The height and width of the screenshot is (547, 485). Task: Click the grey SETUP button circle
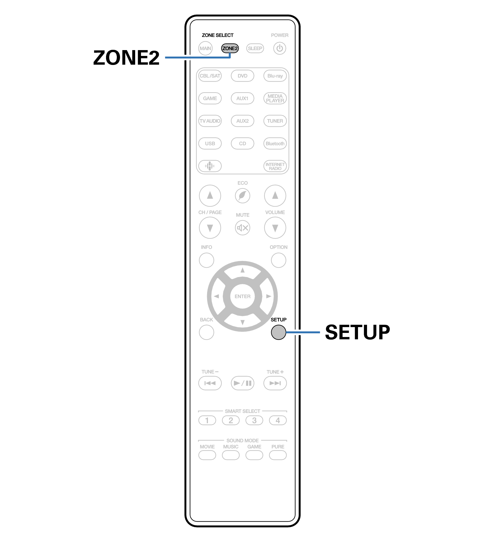278,332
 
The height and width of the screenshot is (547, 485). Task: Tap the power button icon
280,48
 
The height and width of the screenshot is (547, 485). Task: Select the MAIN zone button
205,48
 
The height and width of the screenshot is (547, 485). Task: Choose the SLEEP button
255,48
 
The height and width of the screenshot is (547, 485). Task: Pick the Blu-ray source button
275,76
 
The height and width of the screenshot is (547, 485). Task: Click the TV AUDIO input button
210,121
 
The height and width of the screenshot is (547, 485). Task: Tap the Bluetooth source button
275,144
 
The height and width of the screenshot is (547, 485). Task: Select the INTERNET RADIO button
275,166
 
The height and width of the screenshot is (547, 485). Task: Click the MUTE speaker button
242,228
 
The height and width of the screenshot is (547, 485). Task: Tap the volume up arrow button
275,195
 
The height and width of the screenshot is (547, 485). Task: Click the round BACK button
207,332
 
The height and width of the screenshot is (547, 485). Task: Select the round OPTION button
278,260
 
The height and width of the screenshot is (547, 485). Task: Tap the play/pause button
242,383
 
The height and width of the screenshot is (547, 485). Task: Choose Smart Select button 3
254,421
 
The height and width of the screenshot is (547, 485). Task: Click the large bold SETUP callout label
357,332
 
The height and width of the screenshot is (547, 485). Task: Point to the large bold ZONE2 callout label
126,58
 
